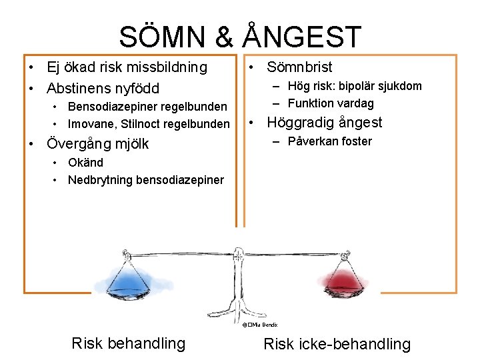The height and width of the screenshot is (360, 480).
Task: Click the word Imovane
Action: click(x=89, y=124)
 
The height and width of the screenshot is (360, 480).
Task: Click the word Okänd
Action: click(x=85, y=163)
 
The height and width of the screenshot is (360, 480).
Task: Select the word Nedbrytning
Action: click(x=100, y=180)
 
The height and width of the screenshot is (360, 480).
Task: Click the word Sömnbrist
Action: click(x=299, y=67)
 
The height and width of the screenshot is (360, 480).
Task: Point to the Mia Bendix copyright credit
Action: click(x=260, y=324)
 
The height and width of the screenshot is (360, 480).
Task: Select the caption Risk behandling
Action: click(x=128, y=343)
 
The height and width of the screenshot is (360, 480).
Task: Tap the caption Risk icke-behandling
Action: click(x=337, y=344)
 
